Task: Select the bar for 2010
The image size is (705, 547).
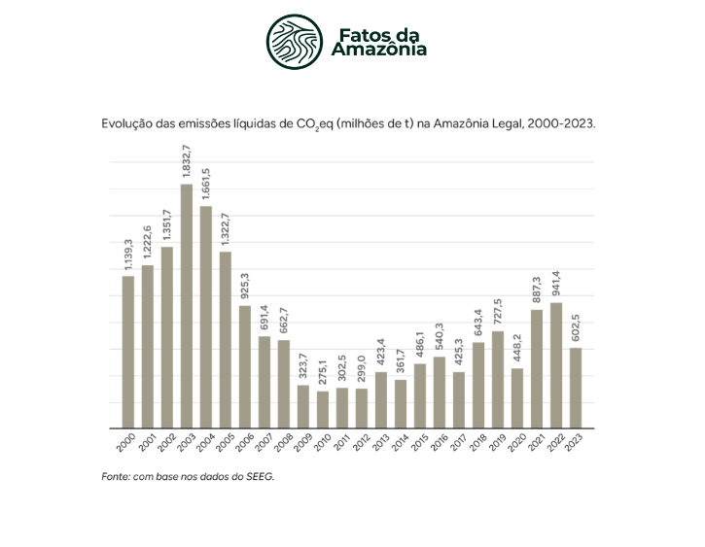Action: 323,409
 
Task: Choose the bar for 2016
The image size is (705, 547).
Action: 440,393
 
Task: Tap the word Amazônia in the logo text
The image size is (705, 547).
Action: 379,50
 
